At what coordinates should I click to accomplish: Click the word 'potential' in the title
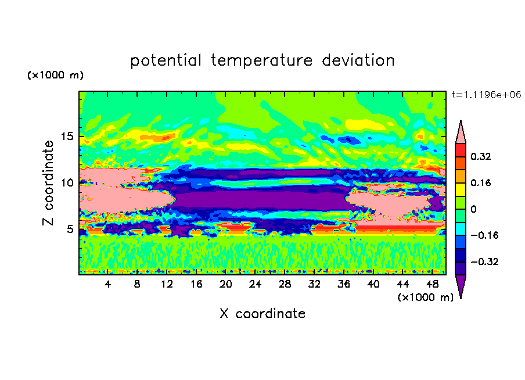[x=166, y=60]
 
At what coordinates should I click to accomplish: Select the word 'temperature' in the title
[x=262, y=60]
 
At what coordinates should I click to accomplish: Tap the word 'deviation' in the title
[x=358, y=60]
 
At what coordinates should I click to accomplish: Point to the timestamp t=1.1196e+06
[x=486, y=95]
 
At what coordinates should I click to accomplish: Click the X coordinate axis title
[x=262, y=313]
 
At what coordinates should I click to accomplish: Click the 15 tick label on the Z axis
[x=67, y=137]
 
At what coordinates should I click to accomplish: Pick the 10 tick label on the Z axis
[x=67, y=182]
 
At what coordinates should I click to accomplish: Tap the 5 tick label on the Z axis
[x=70, y=229]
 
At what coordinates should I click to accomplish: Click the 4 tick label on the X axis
[x=107, y=284]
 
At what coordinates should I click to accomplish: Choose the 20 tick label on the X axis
[x=225, y=284]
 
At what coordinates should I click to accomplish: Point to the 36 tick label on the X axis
[x=344, y=284]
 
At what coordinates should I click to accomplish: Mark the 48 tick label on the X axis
[x=432, y=284]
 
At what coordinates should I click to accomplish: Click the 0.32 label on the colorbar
[x=481, y=156]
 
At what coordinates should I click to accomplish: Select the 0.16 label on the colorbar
[x=481, y=182]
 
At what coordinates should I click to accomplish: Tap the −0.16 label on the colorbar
[x=484, y=235]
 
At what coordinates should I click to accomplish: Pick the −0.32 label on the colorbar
[x=484, y=261]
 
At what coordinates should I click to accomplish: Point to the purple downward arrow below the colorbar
[x=461, y=285]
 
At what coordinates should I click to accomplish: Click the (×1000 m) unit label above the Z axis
[x=55, y=75]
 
